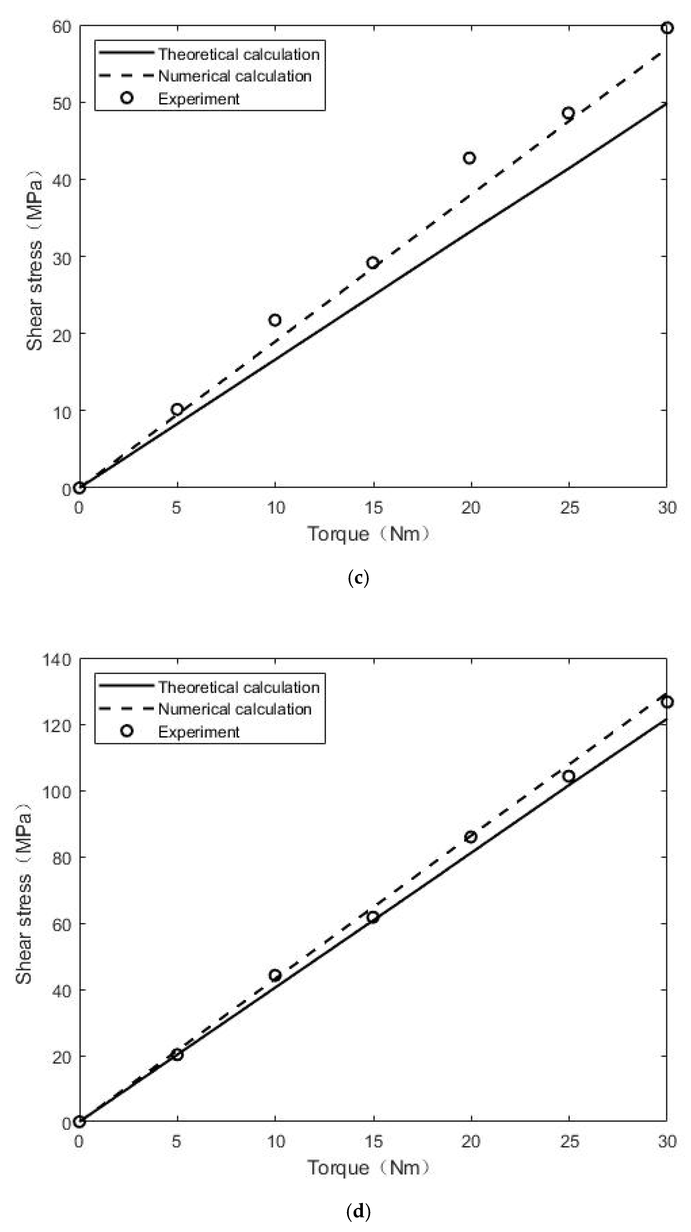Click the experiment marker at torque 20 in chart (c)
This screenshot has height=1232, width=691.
469,158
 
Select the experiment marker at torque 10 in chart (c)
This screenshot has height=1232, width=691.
275,320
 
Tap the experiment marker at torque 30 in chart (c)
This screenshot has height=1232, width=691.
667,28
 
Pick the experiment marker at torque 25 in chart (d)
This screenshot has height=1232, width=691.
568,776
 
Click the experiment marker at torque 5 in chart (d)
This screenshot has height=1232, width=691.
177,1055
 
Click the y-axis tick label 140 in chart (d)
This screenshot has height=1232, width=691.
56,660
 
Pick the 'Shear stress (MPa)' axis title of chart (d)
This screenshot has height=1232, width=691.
24,890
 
